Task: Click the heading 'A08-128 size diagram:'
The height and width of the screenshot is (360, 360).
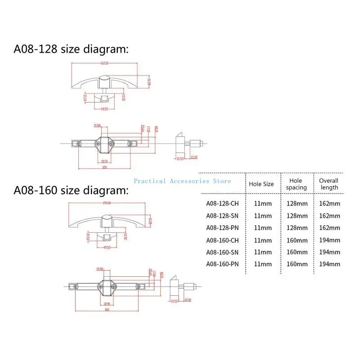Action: coord(71,49)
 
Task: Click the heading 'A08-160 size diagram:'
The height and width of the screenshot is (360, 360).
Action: coord(71,190)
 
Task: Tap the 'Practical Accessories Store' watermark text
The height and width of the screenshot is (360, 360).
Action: coord(182,181)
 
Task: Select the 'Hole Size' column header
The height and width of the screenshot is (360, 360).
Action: coord(261,184)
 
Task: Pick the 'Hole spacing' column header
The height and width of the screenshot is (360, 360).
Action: coord(297,184)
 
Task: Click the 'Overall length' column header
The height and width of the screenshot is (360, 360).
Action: coord(328,184)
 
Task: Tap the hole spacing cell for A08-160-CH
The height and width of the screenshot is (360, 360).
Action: coord(297,240)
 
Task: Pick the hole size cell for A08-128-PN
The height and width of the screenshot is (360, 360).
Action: coord(263,228)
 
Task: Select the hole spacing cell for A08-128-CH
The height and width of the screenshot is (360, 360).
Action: coord(297,203)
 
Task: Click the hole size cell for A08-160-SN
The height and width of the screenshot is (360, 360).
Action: coord(263,252)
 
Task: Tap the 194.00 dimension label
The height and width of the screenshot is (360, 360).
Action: coord(107,203)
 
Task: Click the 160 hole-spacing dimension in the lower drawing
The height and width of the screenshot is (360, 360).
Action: coord(107,310)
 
